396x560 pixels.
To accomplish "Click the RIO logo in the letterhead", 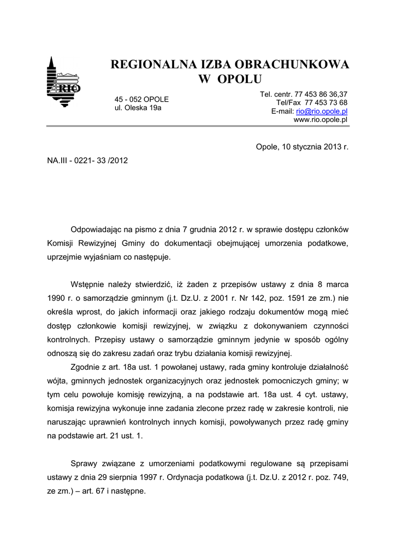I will coord(64,83).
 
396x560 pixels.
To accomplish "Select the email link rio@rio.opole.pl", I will coord(322,111).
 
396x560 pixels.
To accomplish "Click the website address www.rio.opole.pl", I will coord(321,119).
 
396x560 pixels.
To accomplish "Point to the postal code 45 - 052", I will coord(128,99).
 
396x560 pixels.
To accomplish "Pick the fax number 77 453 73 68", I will coord(326,102).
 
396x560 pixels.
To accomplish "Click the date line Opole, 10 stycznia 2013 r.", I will coord(302,147).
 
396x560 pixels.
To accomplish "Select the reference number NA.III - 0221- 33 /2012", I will coord(87,161).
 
